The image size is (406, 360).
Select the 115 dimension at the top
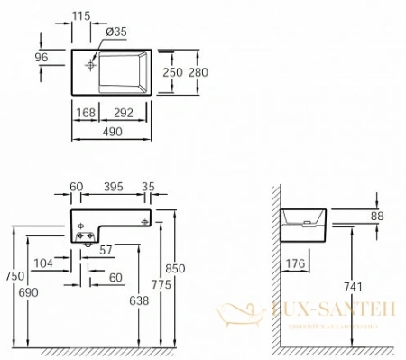[82, 16]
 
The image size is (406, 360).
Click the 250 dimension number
[172, 72]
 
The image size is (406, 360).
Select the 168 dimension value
[87, 114]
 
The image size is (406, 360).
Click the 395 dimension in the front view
[112, 188]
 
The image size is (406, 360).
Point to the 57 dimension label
[106, 248]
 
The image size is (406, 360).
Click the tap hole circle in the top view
[91, 63]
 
